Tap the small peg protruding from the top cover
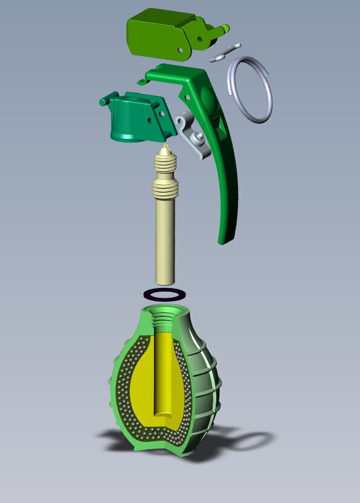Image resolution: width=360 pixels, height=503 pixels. (225, 27)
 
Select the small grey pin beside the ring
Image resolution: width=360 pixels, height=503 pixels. (225, 53)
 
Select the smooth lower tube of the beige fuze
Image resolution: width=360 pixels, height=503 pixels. (164, 242)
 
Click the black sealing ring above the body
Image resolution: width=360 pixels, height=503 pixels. (164, 294)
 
